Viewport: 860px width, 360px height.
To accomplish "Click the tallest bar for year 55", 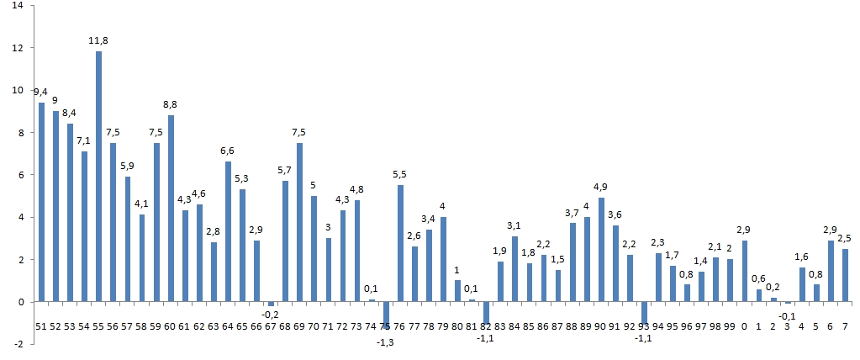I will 98,177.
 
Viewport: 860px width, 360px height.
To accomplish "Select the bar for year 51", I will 41,202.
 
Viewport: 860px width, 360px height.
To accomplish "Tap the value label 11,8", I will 99,40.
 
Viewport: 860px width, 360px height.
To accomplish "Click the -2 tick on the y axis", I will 20,344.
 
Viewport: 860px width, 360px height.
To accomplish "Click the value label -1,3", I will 386,341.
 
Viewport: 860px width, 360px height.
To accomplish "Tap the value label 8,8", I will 171,103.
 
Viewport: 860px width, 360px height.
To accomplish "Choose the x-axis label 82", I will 486,326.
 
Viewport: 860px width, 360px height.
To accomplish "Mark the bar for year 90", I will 601,250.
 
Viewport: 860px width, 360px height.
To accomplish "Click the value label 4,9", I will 601,187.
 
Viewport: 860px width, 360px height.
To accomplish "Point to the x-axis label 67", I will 271,326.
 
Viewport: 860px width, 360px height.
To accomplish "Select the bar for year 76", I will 400,243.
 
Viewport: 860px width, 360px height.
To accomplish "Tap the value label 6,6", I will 228,151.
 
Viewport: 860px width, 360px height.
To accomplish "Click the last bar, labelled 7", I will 845,275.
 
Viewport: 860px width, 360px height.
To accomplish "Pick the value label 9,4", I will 40,91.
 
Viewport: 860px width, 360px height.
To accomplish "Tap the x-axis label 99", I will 730,326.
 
